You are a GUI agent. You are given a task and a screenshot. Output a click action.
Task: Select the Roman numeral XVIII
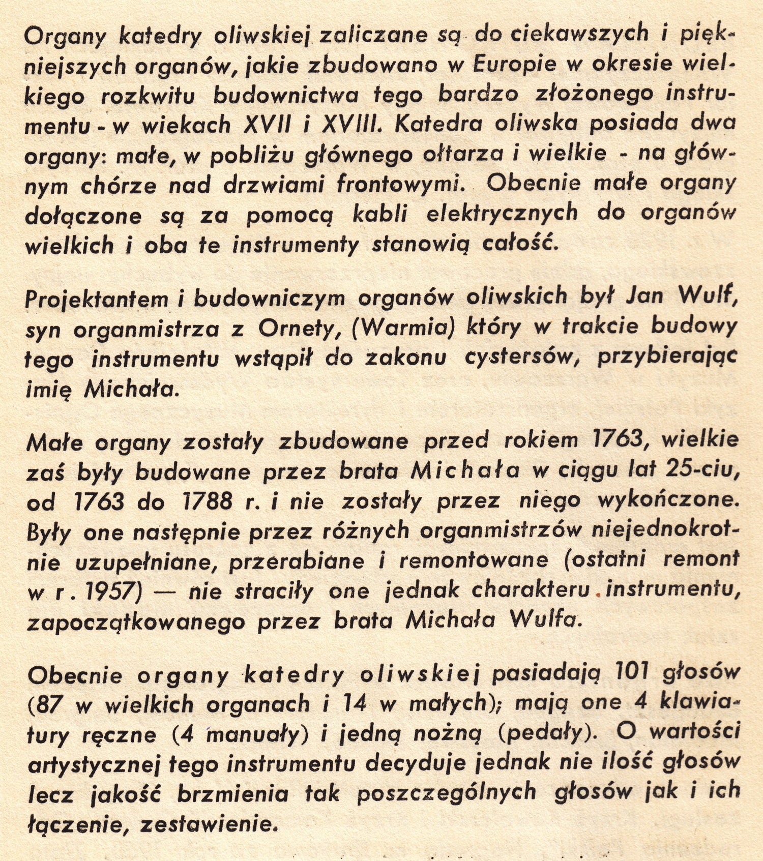pos(351,124)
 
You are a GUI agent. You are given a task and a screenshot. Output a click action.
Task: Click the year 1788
pos(207,501)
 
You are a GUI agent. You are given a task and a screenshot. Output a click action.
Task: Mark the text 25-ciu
pos(702,471)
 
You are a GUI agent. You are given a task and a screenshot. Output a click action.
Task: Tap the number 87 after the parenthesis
pos(49,704)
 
